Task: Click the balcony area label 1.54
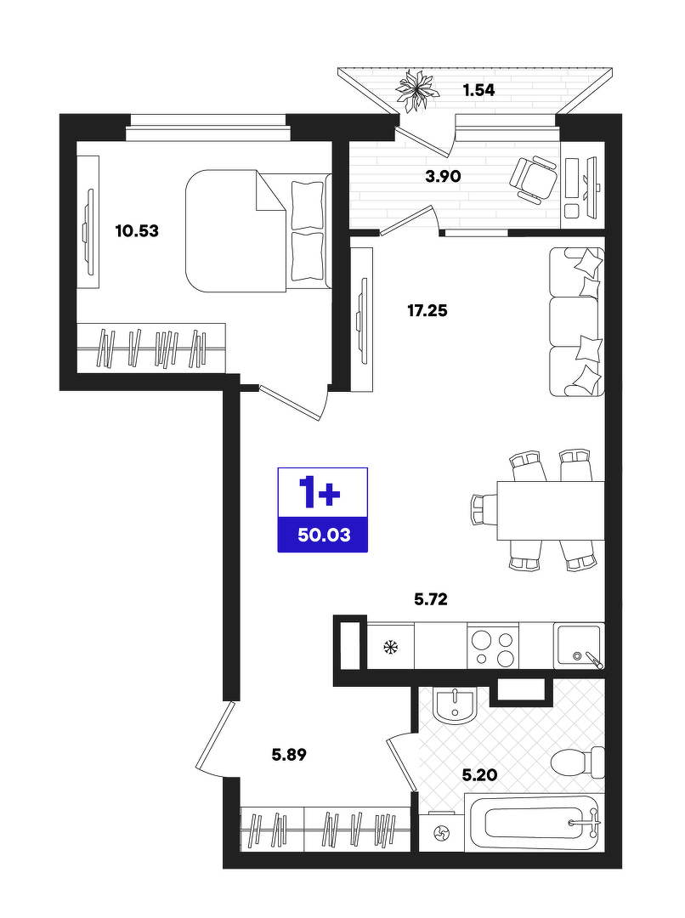click(478, 90)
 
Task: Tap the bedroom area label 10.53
click(137, 230)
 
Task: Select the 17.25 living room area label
click(427, 310)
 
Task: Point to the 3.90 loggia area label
click(443, 176)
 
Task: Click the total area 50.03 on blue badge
click(324, 535)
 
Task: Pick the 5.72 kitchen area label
click(431, 599)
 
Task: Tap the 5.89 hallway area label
click(289, 755)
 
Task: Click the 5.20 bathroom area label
click(479, 775)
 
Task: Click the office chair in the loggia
click(534, 179)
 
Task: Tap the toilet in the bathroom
click(578, 762)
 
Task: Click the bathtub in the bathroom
click(535, 823)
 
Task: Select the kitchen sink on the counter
click(579, 645)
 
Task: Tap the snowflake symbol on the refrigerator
click(390, 647)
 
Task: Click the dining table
click(551, 511)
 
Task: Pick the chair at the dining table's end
click(484, 510)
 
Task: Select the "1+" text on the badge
click(320, 492)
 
